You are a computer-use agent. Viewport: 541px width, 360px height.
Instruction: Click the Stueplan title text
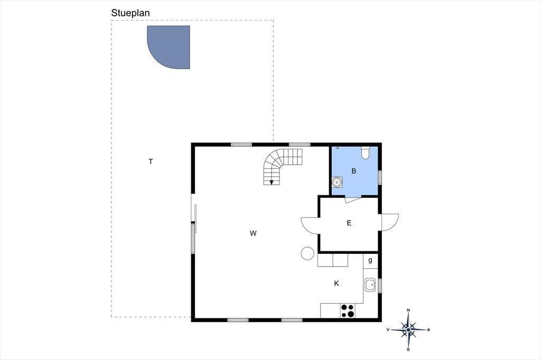coord(130,13)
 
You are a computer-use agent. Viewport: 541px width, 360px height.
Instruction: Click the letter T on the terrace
coord(151,162)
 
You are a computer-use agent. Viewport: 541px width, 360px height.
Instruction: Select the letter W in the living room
coord(253,233)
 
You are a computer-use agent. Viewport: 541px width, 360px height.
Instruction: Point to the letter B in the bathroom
coord(353,170)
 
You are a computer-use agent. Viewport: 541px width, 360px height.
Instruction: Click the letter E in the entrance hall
coord(349,223)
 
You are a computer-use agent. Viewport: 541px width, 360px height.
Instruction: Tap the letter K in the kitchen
coord(337,283)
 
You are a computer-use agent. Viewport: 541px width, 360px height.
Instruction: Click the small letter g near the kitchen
coord(370,260)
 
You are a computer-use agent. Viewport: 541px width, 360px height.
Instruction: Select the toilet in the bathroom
coord(366,153)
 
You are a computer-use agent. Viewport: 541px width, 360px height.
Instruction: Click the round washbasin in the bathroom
coord(337,182)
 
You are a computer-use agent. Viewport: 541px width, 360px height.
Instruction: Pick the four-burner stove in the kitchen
coord(348,310)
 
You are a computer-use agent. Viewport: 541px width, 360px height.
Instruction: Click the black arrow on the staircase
coord(272,182)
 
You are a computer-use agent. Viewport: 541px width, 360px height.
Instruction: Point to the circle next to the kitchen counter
coord(307,253)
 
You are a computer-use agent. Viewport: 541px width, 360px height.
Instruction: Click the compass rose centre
coord(408,330)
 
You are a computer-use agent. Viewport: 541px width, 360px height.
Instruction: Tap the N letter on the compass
coord(408,310)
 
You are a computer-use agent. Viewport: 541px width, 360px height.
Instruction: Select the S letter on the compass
coord(408,349)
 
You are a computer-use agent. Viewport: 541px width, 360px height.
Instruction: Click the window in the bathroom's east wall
coord(379,177)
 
